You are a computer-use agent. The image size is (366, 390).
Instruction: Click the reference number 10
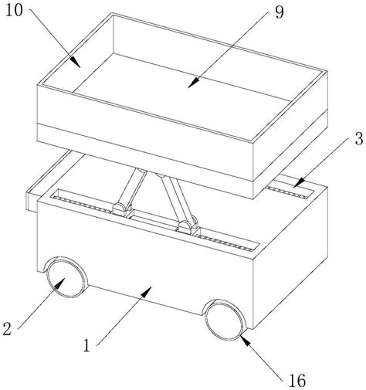(x=14, y=11)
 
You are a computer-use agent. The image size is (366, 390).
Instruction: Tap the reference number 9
(x=280, y=12)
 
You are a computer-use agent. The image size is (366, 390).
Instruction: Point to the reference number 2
(x=7, y=329)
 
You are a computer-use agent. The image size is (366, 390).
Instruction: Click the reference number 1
(x=87, y=345)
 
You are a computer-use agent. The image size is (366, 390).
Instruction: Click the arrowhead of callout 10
(x=75, y=62)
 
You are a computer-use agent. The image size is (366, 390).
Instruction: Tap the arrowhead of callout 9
(x=194, y=83)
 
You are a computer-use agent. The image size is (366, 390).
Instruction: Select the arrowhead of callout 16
(x=245, y=340)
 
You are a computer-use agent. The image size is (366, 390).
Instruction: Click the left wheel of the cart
(x=66, y=278)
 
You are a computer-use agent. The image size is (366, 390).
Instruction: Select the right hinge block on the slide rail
(x=188, y=227)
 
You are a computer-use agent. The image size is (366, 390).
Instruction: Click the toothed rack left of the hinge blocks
(x=82, y=204)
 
